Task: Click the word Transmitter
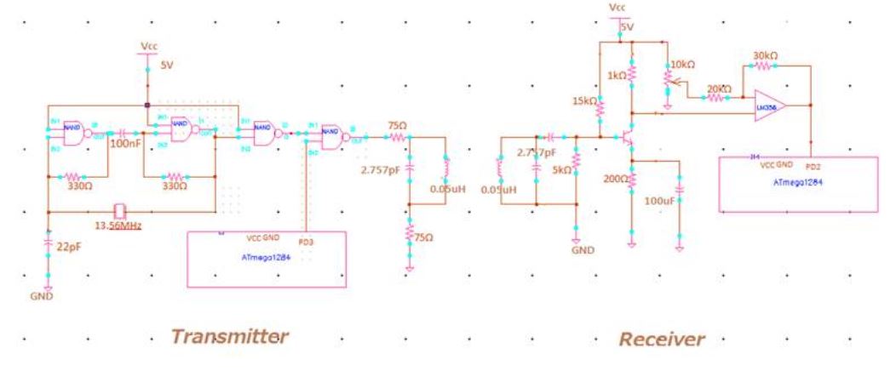pyautogui.click(x=229, y=337)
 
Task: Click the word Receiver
pyautogui.click(x=662, y=340)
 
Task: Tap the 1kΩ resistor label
pyautogui.click(x=617, y=76)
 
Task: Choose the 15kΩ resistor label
pyautogui.click(x=585, y=101)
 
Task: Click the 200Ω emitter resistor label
pyautogui.click(x=616, y=180)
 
